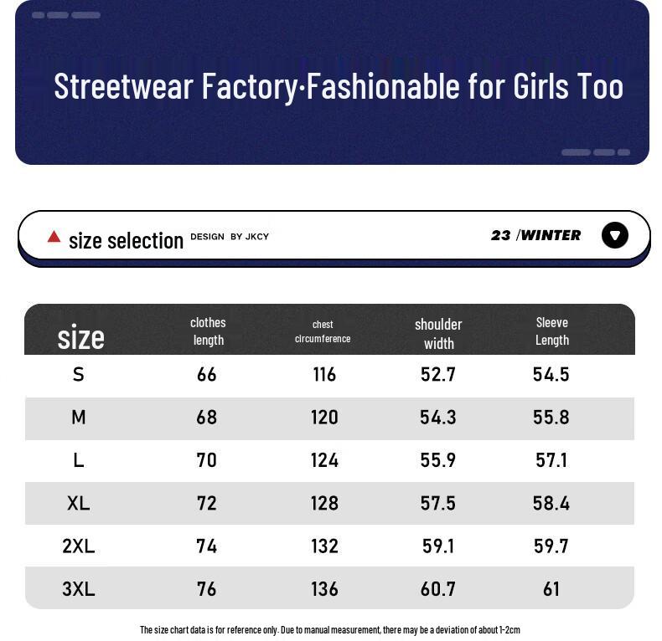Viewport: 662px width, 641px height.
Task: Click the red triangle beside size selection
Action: pos(54,237)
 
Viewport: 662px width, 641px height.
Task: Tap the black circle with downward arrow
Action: pos(614,235)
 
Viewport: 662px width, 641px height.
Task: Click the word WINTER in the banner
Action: pos(551,235)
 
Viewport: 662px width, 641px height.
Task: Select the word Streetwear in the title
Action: pos(123,86)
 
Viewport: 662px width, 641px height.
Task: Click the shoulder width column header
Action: pos(438,333)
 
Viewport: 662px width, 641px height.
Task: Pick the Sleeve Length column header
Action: pos(552,331)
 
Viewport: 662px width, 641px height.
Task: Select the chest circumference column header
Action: pos(323,331)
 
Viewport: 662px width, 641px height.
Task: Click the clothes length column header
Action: pos(208,331)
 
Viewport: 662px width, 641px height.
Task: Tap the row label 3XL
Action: pos(79,588)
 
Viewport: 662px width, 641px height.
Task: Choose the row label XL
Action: pos(79,503)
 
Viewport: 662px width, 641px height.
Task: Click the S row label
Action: pos(79,374)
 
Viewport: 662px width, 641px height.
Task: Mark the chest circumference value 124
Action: pos(324,460)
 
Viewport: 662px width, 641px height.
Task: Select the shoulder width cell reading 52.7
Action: pos(438,374)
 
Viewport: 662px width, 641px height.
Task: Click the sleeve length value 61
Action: pos(551,588)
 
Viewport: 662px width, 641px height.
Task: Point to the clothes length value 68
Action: pos(207,417)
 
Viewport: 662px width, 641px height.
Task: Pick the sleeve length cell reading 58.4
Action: pos(551,503)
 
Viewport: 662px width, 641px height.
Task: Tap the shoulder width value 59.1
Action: pos(438,546)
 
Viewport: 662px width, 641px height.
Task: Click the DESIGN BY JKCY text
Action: pos(230,237)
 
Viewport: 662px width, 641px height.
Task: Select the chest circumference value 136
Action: pos(324,588)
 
